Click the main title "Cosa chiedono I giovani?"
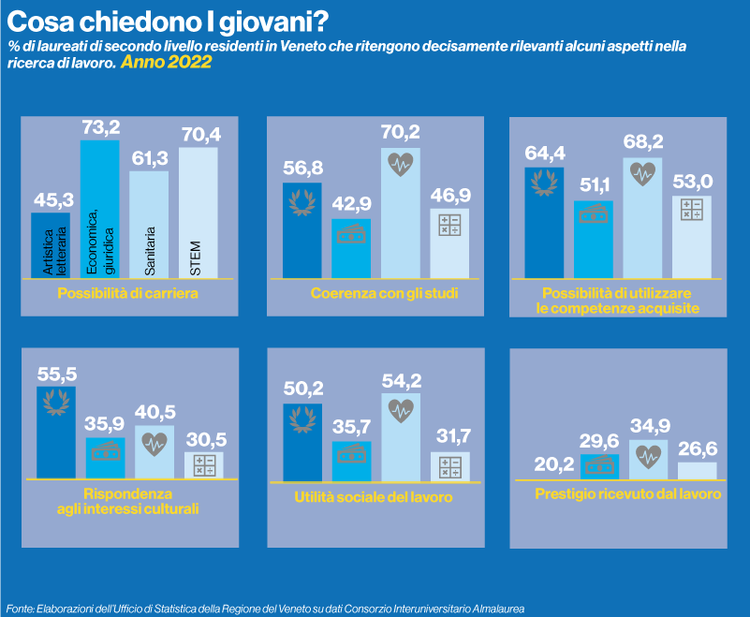[x=169, y=21]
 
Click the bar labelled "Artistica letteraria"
[x=51, y=245]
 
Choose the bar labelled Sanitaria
[x=149, y=225]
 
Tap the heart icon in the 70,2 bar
[x=401, y=165]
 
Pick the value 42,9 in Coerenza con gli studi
[x=351, y=204]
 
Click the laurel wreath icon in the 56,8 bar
[x=301, y=199]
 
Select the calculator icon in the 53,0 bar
[x=692, y=211]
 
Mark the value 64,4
[x=544, y=152]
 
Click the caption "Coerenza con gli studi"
[x=385, y=294]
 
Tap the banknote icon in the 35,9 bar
[x=105, y=451]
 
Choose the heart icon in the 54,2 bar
[x=401, y=409]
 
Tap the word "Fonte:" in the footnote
[x=21, y=608]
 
